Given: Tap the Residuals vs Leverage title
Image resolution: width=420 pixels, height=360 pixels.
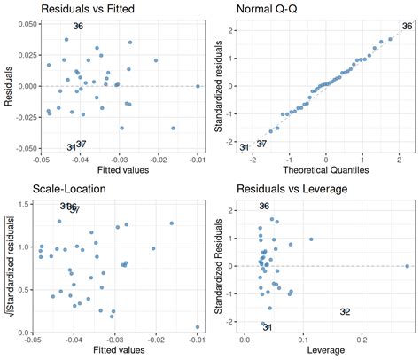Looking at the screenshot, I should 292,189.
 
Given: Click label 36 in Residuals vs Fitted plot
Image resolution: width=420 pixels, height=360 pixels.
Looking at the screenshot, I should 78,27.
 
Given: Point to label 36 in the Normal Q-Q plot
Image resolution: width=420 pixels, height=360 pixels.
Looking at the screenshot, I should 407,27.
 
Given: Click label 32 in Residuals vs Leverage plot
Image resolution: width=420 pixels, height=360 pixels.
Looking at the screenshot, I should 345,311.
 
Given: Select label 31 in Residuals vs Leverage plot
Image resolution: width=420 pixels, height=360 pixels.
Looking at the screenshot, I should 267,327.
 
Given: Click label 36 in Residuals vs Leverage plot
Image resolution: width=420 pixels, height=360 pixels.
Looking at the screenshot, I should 264,207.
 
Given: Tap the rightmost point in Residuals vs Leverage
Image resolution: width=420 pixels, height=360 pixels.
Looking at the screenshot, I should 407,266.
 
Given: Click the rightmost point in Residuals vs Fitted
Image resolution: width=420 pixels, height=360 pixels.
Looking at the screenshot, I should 198,86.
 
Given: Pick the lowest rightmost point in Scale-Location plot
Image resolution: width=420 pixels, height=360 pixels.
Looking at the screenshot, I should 198,327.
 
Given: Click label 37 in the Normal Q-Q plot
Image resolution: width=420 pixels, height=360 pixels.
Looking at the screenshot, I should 261,143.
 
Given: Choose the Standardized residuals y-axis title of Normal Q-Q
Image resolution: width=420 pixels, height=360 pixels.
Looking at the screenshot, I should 218,84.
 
